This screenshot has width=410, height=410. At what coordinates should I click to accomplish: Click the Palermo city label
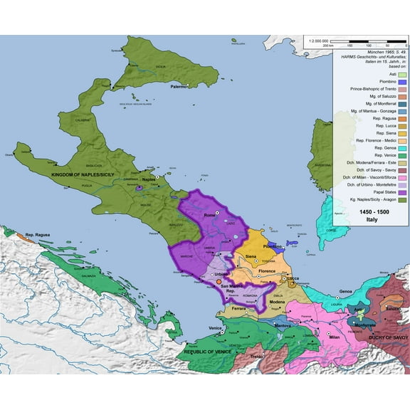tap(177, 86)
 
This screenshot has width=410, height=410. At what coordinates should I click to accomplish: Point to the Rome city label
tap(209, 215)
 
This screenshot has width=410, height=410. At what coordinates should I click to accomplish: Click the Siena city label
tap(251, 256)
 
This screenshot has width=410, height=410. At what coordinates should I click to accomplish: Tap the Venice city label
tap(216, 327)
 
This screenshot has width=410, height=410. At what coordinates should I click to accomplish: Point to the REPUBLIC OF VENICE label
tap(207, 352)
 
